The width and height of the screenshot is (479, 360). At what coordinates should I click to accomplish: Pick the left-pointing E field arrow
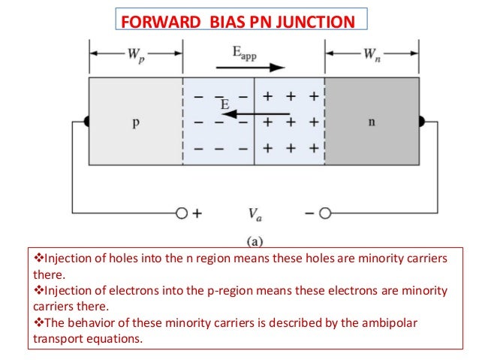pyautogui.click(x=256, y=115)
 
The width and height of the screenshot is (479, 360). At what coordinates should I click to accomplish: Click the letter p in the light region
pyautogui.click(x=135, y=123)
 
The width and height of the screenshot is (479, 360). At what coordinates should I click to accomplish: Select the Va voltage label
pyautogui.click(x=256, y=214)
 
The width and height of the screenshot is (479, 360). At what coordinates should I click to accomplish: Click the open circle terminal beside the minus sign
pyautogui.click(x=324, y=213)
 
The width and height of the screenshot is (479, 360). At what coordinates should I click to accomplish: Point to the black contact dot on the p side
pyautogui.click(x=87, y=121)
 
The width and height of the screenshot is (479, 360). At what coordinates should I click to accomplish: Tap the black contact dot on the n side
pyautogui.click(x=422, y=121)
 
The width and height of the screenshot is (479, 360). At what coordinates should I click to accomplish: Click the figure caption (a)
pyautogui.click(x=255, y=243)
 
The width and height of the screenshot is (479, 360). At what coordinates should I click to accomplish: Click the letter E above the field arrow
pyautogui.click(x=224, y=105)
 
